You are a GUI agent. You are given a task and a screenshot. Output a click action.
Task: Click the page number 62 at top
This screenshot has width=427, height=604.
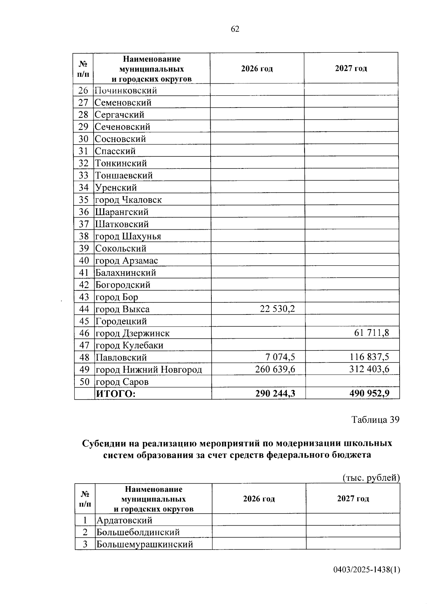point(235,29)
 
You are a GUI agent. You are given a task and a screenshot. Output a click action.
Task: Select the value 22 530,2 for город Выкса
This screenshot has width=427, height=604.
point(277,309)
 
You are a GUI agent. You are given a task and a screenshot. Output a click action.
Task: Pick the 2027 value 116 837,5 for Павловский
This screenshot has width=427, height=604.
point(369,357)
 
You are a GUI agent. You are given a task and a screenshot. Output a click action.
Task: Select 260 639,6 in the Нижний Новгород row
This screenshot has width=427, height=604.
point(275,369)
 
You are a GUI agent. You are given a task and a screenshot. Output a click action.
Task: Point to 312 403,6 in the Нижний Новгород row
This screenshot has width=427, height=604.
point(369,369)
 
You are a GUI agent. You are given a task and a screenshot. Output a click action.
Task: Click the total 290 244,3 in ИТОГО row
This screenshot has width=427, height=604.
point(275,394)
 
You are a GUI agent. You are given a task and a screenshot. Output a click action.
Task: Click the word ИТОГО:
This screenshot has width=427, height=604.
point(116,394)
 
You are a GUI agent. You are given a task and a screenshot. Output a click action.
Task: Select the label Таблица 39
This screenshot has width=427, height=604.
point(375,420)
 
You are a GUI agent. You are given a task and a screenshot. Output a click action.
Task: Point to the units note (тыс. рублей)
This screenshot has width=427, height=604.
point(371,478)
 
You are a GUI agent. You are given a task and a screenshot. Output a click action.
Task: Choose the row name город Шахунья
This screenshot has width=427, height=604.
point(128,236)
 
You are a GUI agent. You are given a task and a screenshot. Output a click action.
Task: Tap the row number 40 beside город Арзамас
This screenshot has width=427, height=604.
point(84,260)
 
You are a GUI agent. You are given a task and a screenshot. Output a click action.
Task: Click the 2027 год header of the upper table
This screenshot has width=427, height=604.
point(351,68)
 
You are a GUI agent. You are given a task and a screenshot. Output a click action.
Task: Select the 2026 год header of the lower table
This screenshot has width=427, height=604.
point(259,499)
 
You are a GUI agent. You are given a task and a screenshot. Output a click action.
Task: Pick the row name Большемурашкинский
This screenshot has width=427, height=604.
point(145,544)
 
